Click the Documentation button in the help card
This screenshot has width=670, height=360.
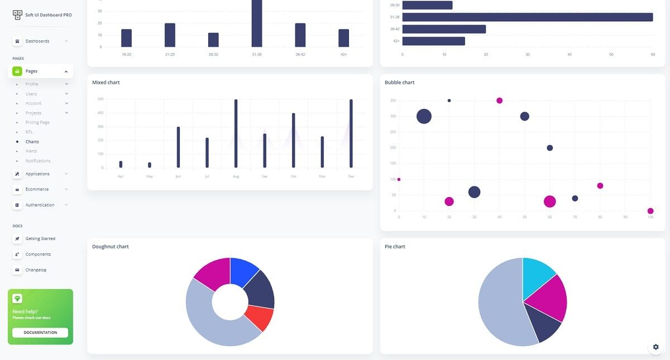point(40,333)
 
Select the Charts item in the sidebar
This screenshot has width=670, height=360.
point(32,142)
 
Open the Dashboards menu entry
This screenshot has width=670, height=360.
point(37,41)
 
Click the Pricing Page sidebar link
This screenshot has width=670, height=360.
point(37,122)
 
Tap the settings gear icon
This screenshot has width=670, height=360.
point(656,347)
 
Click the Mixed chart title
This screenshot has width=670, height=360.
point(106,83)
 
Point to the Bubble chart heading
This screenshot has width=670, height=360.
point(400,83)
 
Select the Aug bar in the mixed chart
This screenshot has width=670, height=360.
point(236,134)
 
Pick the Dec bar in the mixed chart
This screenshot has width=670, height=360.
point(351,134)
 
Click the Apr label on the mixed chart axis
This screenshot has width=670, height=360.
point(121,176)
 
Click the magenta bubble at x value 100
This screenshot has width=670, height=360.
point(650,211)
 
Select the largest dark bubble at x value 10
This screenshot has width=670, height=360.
point(424,116)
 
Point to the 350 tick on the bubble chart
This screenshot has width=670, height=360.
point(393,100)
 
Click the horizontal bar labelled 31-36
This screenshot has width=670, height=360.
point(528,17)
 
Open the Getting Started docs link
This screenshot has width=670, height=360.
point(40,239)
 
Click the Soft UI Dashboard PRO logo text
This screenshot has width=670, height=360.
point(49,15)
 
